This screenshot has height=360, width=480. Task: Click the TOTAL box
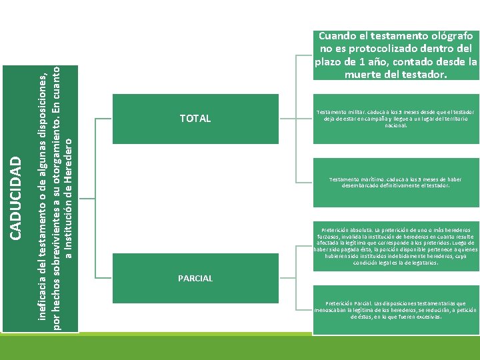[195, 119]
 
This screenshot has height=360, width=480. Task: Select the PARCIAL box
[195, 278]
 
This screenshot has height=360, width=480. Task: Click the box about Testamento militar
[396, 119]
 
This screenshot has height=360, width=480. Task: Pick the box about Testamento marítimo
[396, 183]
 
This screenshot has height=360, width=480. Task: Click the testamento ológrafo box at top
[396, 55]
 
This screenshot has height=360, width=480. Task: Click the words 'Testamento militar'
[339, 112]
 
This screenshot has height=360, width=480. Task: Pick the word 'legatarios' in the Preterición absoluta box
[422, 263]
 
